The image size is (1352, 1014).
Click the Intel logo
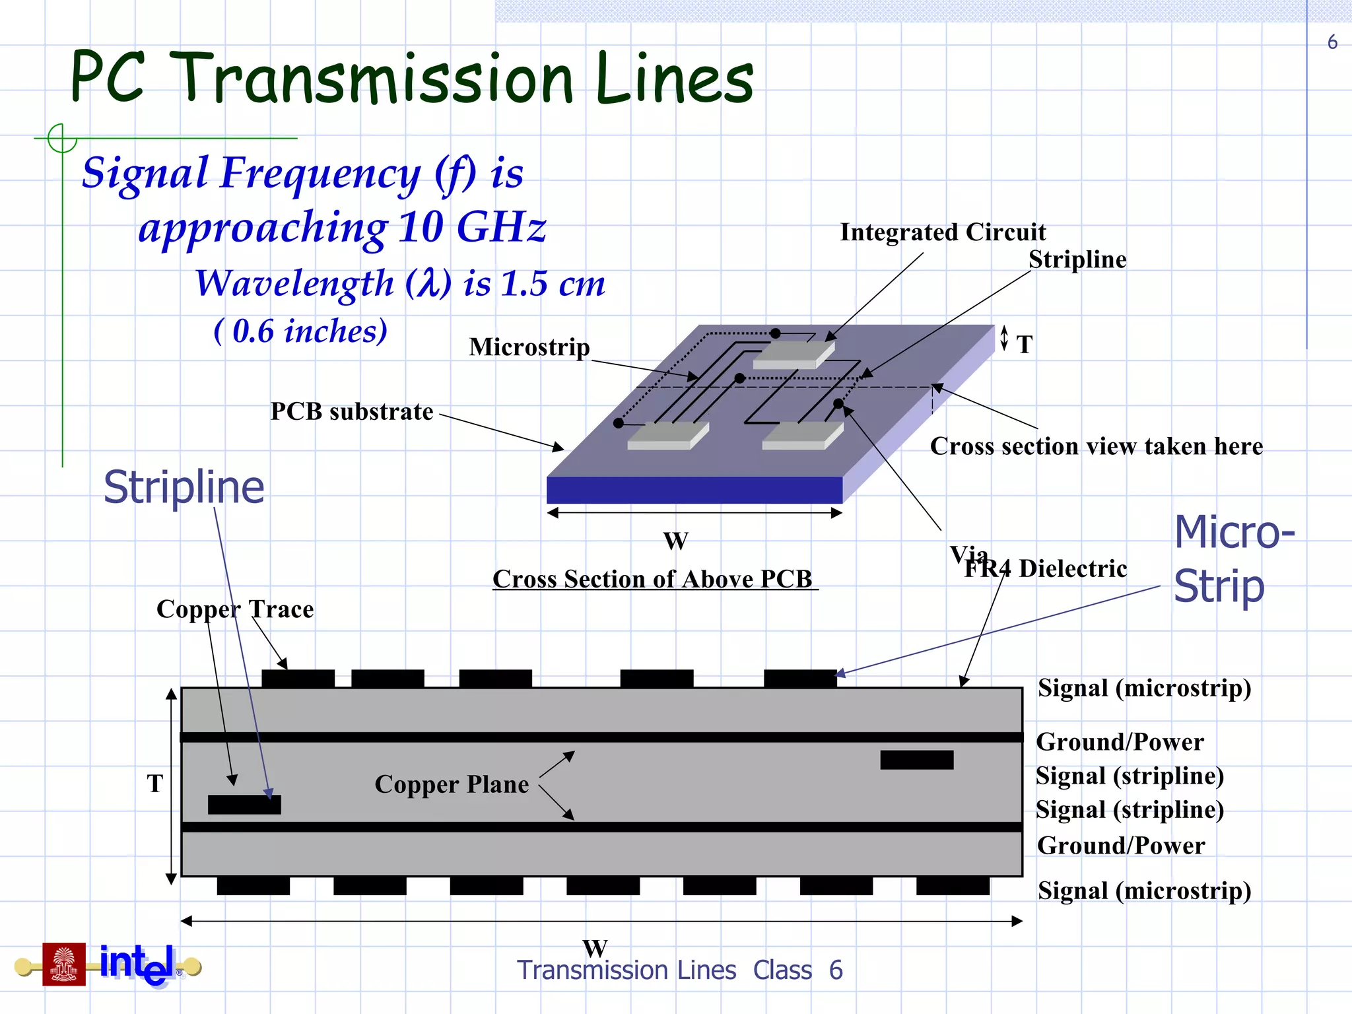point(139,964)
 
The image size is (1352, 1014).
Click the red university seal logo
point(64,964)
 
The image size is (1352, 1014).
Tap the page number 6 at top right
point(1332,43)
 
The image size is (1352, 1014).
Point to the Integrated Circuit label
point(943,232)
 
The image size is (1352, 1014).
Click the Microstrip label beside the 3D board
point(529,347)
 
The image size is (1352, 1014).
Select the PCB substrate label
point(352,412)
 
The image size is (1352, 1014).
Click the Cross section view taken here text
point(1096,447)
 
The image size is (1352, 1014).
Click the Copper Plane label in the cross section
point(452,784)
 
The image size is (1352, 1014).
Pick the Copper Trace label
point(235,609)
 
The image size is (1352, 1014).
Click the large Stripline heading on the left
point(184,487)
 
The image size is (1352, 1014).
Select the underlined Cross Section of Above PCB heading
point(654,579)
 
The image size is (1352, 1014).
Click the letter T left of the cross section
point(154,784)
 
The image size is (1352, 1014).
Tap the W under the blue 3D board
point(675,541)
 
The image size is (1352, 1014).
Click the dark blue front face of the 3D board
point(694,490)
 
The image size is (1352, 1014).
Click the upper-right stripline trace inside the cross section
point(916,760)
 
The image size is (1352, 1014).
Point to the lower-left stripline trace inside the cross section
point(244,804)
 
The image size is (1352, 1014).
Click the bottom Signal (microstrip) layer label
point(1144,891)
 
